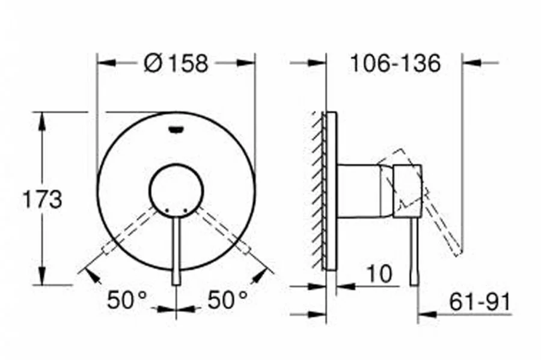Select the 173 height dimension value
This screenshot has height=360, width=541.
[x=42, y=199]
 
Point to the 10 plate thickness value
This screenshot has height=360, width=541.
[x=379, y=274]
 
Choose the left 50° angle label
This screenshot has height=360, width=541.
[x=127, y=299]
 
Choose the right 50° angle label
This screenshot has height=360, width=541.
[x=228, y=299]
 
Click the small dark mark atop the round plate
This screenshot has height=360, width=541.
[x=176, y=127]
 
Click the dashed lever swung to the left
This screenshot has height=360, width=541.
[x=129, y=230]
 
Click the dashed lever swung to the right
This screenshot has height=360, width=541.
[x=223, y=230]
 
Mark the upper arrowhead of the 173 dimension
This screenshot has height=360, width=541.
[x=42, y=119]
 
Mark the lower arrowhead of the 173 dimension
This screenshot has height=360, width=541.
[x=42, y=278]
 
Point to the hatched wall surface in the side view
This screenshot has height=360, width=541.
[x=317, y=190]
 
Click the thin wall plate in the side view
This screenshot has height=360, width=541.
[x=330, y=190]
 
